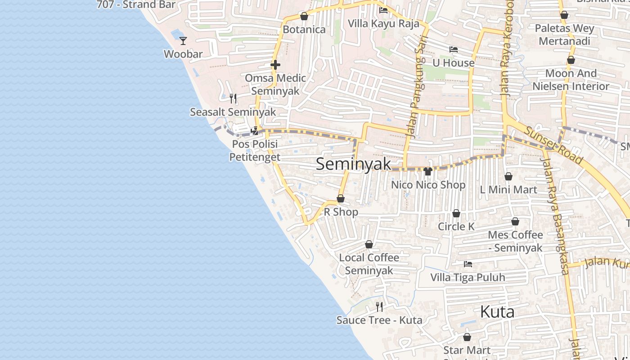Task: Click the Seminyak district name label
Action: coord(354,164)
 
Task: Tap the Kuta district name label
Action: coord(497,311)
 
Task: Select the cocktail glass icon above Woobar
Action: coord(183,41)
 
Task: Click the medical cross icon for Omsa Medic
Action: coord(275,65)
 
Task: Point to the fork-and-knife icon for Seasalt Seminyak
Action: coord(233,99)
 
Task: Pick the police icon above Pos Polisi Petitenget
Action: coord(255,131)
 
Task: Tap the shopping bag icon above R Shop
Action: coord(341,199)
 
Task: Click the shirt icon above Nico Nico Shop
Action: coord(428,171)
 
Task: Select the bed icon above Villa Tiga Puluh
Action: coord(468,264)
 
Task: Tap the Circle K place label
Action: coord(456,226)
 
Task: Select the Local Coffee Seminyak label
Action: coord(369,264)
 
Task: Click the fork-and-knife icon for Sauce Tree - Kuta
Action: coord(379,307)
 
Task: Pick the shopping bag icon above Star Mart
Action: coord(467,337)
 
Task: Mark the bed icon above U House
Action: coord(454,49)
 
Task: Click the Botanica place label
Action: coord(304,30)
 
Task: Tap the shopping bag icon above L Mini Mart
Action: coord(508,177)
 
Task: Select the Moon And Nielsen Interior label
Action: coord(571,80)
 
